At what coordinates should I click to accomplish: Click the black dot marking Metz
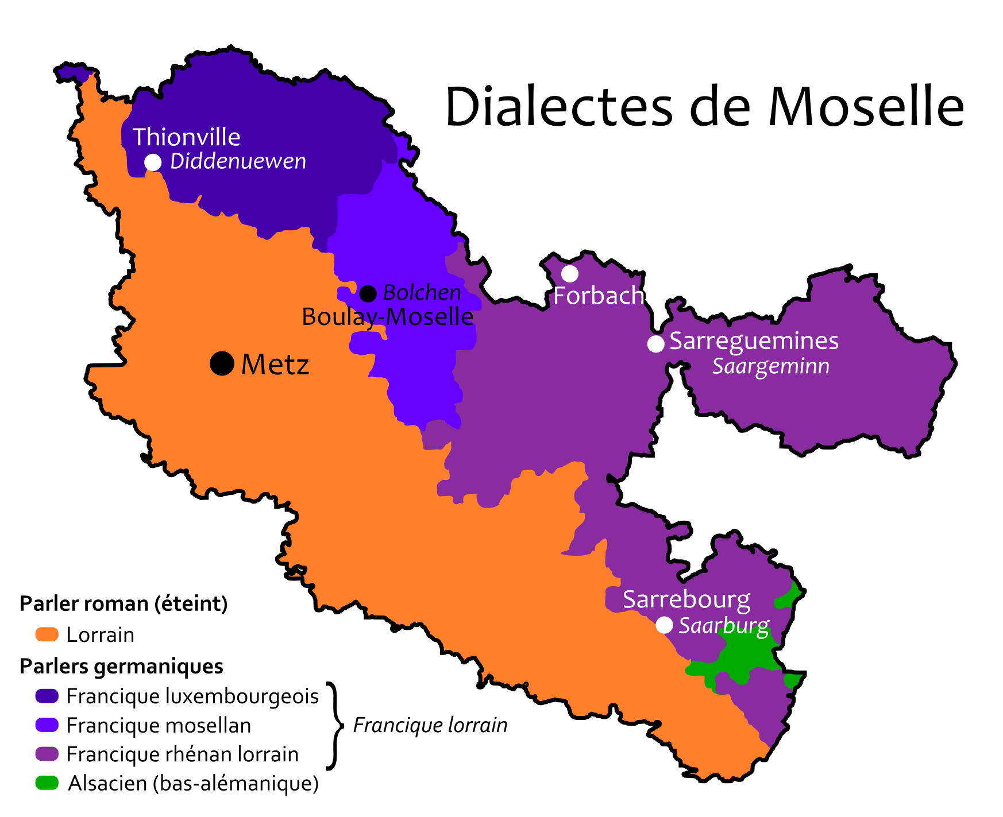[x=222, y=363]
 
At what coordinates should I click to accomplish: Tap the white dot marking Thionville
[x=153, y=162]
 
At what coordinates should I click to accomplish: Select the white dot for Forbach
[x=569, y=273]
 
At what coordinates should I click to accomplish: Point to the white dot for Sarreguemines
[x=655, y=343]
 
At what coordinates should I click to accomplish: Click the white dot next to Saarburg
[x=664, y=625]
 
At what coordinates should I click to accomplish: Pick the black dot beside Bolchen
[x=368, y=294]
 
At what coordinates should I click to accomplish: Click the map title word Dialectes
[x=558, y=107]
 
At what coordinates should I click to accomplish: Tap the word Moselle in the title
[x=866, y=107]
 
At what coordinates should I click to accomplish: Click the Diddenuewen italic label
[x=238, y=161]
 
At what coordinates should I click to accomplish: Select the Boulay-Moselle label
[x=387, y=317]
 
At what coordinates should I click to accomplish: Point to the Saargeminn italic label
[x=770, y=366]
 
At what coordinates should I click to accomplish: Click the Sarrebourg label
[x=686, y=599]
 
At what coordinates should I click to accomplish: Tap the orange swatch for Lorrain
[x=47, y=634]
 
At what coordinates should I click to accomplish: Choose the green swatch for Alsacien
[x=47, y=783]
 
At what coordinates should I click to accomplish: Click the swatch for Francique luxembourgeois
[x=47, y=696]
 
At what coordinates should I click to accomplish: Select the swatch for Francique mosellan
[x=47, y=725]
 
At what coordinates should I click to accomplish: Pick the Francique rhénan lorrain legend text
[x=183, y=754]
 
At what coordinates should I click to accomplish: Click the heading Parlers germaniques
[x=121, y=666]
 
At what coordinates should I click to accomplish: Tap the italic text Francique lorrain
[x=430, y=725]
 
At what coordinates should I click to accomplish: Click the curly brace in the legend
[x=334, y=725]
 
